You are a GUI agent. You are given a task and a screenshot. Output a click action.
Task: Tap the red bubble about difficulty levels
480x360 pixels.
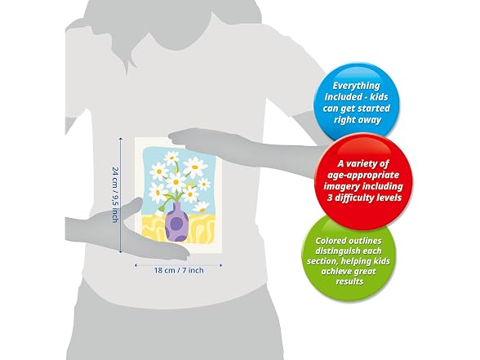click(363, 180)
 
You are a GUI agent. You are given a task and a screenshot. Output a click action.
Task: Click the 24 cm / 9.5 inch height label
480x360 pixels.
click(115, 194)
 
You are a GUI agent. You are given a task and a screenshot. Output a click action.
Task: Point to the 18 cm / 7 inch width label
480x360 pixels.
click(179, 270)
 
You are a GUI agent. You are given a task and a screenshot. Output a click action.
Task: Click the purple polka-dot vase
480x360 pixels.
click(176, 222)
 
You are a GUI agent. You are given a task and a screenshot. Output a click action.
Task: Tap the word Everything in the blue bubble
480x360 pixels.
click(356, 86)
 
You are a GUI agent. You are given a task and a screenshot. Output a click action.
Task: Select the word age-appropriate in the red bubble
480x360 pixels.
click(363, 175)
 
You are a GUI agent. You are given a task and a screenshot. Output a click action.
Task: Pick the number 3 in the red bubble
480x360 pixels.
click(330, 198)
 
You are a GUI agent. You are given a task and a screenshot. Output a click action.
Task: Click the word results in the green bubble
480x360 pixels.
click(349, 282)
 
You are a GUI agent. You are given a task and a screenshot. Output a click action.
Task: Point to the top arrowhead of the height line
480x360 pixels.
click(121, 140)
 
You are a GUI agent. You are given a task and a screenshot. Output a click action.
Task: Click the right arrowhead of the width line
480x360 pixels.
click(220, 265)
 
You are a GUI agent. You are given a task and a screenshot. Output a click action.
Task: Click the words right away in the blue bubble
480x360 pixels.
click(358, 120)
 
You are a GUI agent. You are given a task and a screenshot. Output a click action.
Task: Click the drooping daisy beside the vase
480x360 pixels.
click(201, 207)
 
